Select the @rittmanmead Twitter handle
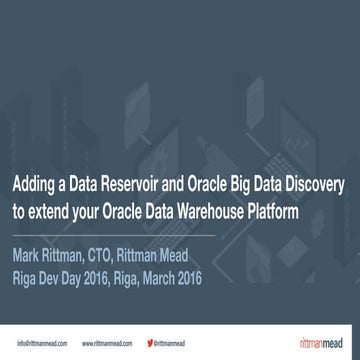point(175,341)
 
